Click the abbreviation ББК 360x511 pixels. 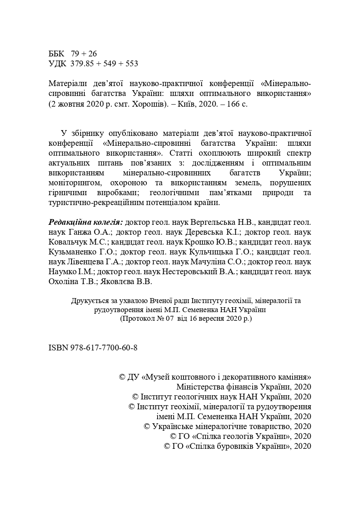tap(56, 54)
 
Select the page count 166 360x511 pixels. tap(235, 104)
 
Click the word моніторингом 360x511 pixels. tap(73, 182)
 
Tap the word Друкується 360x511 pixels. tap(88, 301)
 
